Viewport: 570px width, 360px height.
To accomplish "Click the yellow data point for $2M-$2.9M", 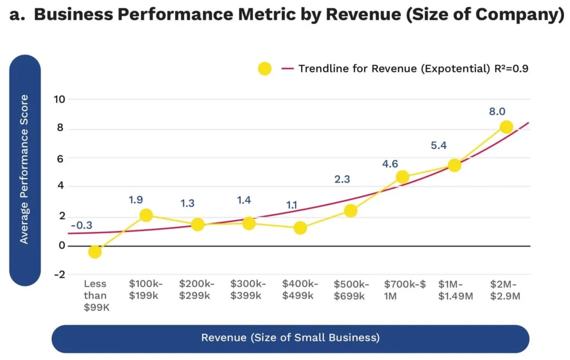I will pos(506,127).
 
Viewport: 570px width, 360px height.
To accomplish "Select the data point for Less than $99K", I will pos(95,251).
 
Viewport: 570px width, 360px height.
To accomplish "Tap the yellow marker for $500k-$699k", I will pos(350,210).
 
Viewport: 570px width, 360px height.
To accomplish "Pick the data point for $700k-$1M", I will pos(402,177).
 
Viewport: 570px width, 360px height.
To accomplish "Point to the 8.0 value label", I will pos(497,111).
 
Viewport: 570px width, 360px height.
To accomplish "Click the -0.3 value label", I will pos(82,225).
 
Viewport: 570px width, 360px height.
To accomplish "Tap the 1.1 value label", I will pos(292,205).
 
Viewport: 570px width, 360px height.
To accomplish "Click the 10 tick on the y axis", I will pos(59,100).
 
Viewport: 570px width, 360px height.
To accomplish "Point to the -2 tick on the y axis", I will pos(59,274).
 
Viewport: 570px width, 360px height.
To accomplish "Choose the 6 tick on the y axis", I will pos(60,158).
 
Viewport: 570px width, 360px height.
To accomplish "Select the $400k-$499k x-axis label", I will pos(301,289).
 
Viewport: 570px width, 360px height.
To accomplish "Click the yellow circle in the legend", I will pos(264,69).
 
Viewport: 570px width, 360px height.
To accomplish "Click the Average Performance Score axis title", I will pos(24,169).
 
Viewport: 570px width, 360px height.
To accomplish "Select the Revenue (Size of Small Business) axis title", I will pos(290,338).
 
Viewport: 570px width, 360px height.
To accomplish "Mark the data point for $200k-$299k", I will pos(198,224).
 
